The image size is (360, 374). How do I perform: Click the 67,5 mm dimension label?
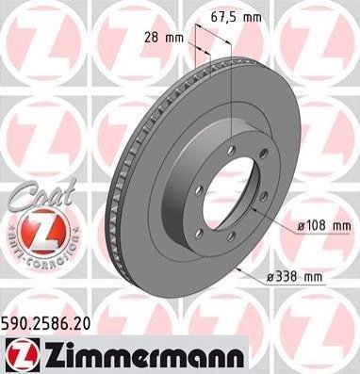(236, 17)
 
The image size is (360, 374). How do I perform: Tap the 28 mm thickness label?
(164, 38)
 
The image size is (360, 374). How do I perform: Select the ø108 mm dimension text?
(323, 225)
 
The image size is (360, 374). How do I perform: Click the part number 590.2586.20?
(46, 323)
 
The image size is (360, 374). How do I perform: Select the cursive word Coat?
(41, 194)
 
